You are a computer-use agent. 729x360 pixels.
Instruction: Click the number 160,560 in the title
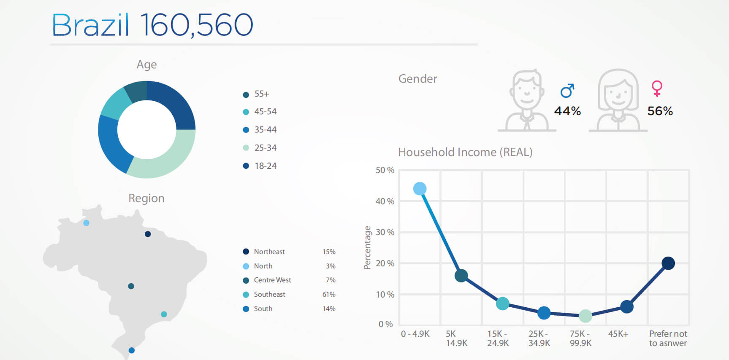[x=197, y=25]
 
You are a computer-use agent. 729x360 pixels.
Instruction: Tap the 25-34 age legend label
[x=266, y=148]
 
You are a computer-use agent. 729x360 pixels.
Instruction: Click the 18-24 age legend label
[x=266, y=166]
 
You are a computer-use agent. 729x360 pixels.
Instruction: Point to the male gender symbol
[x=567, y=90]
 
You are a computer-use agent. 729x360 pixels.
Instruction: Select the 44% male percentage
[x=567, y=111]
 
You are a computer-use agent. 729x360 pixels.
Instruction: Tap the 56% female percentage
[x=660, y=111]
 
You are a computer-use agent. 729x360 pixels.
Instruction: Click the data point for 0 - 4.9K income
[x=420, y=189]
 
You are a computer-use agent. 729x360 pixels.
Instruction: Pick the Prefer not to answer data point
[x=668, y=263]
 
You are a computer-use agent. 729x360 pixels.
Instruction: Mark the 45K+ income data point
[x=627, y=307]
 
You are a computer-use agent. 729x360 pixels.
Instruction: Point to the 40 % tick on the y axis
[x=385, y=201]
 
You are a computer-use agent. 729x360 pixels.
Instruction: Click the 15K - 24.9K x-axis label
[x=498, y=338]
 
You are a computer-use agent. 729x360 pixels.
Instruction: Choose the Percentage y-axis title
[x=367, y=247]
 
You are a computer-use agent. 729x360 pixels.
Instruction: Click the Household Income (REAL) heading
[x=465, y=152]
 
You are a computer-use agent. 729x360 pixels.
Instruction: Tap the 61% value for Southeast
[x=329, y=294]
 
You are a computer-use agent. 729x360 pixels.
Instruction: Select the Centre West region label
[x=272, y=280]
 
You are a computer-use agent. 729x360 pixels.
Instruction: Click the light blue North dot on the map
[x=86, y=223]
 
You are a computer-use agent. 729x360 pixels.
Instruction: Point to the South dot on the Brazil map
[x=132, y=350]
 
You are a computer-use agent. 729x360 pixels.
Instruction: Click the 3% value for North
[x=331, y=266]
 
